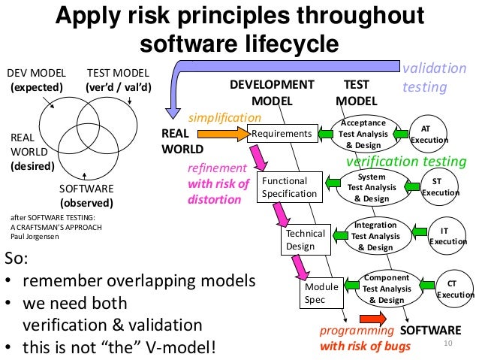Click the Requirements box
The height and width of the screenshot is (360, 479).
click(282, 134)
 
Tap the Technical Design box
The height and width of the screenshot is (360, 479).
click(306, 240)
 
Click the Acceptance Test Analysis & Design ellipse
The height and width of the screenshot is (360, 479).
click(363, 134)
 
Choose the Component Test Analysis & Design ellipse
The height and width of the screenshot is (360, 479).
click(386, 289)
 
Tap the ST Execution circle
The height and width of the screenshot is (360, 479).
click(437, 186)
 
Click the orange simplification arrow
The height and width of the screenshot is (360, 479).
click(224, 135)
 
